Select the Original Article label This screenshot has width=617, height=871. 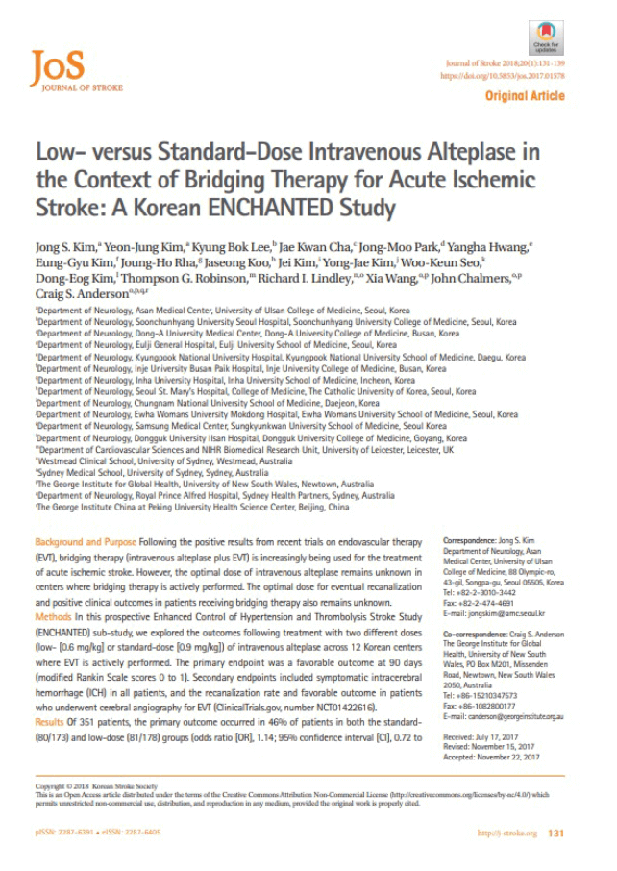click(x=525, y=96)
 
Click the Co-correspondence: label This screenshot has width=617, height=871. click(x=480, y=635)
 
